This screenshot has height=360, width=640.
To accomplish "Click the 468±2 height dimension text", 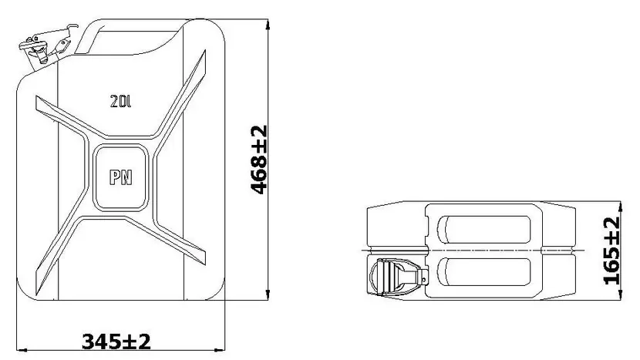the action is pos(259,160).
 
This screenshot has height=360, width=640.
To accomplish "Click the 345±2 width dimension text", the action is pos(116,341).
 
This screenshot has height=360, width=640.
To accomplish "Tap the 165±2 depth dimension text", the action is pos(611,251).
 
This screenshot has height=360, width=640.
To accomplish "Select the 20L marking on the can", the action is pos(120,101).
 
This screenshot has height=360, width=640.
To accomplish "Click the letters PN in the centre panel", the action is pos(121,177).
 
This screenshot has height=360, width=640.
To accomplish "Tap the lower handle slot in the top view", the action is pos(483,272).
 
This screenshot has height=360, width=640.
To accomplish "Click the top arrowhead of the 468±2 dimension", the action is pos(268,25).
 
